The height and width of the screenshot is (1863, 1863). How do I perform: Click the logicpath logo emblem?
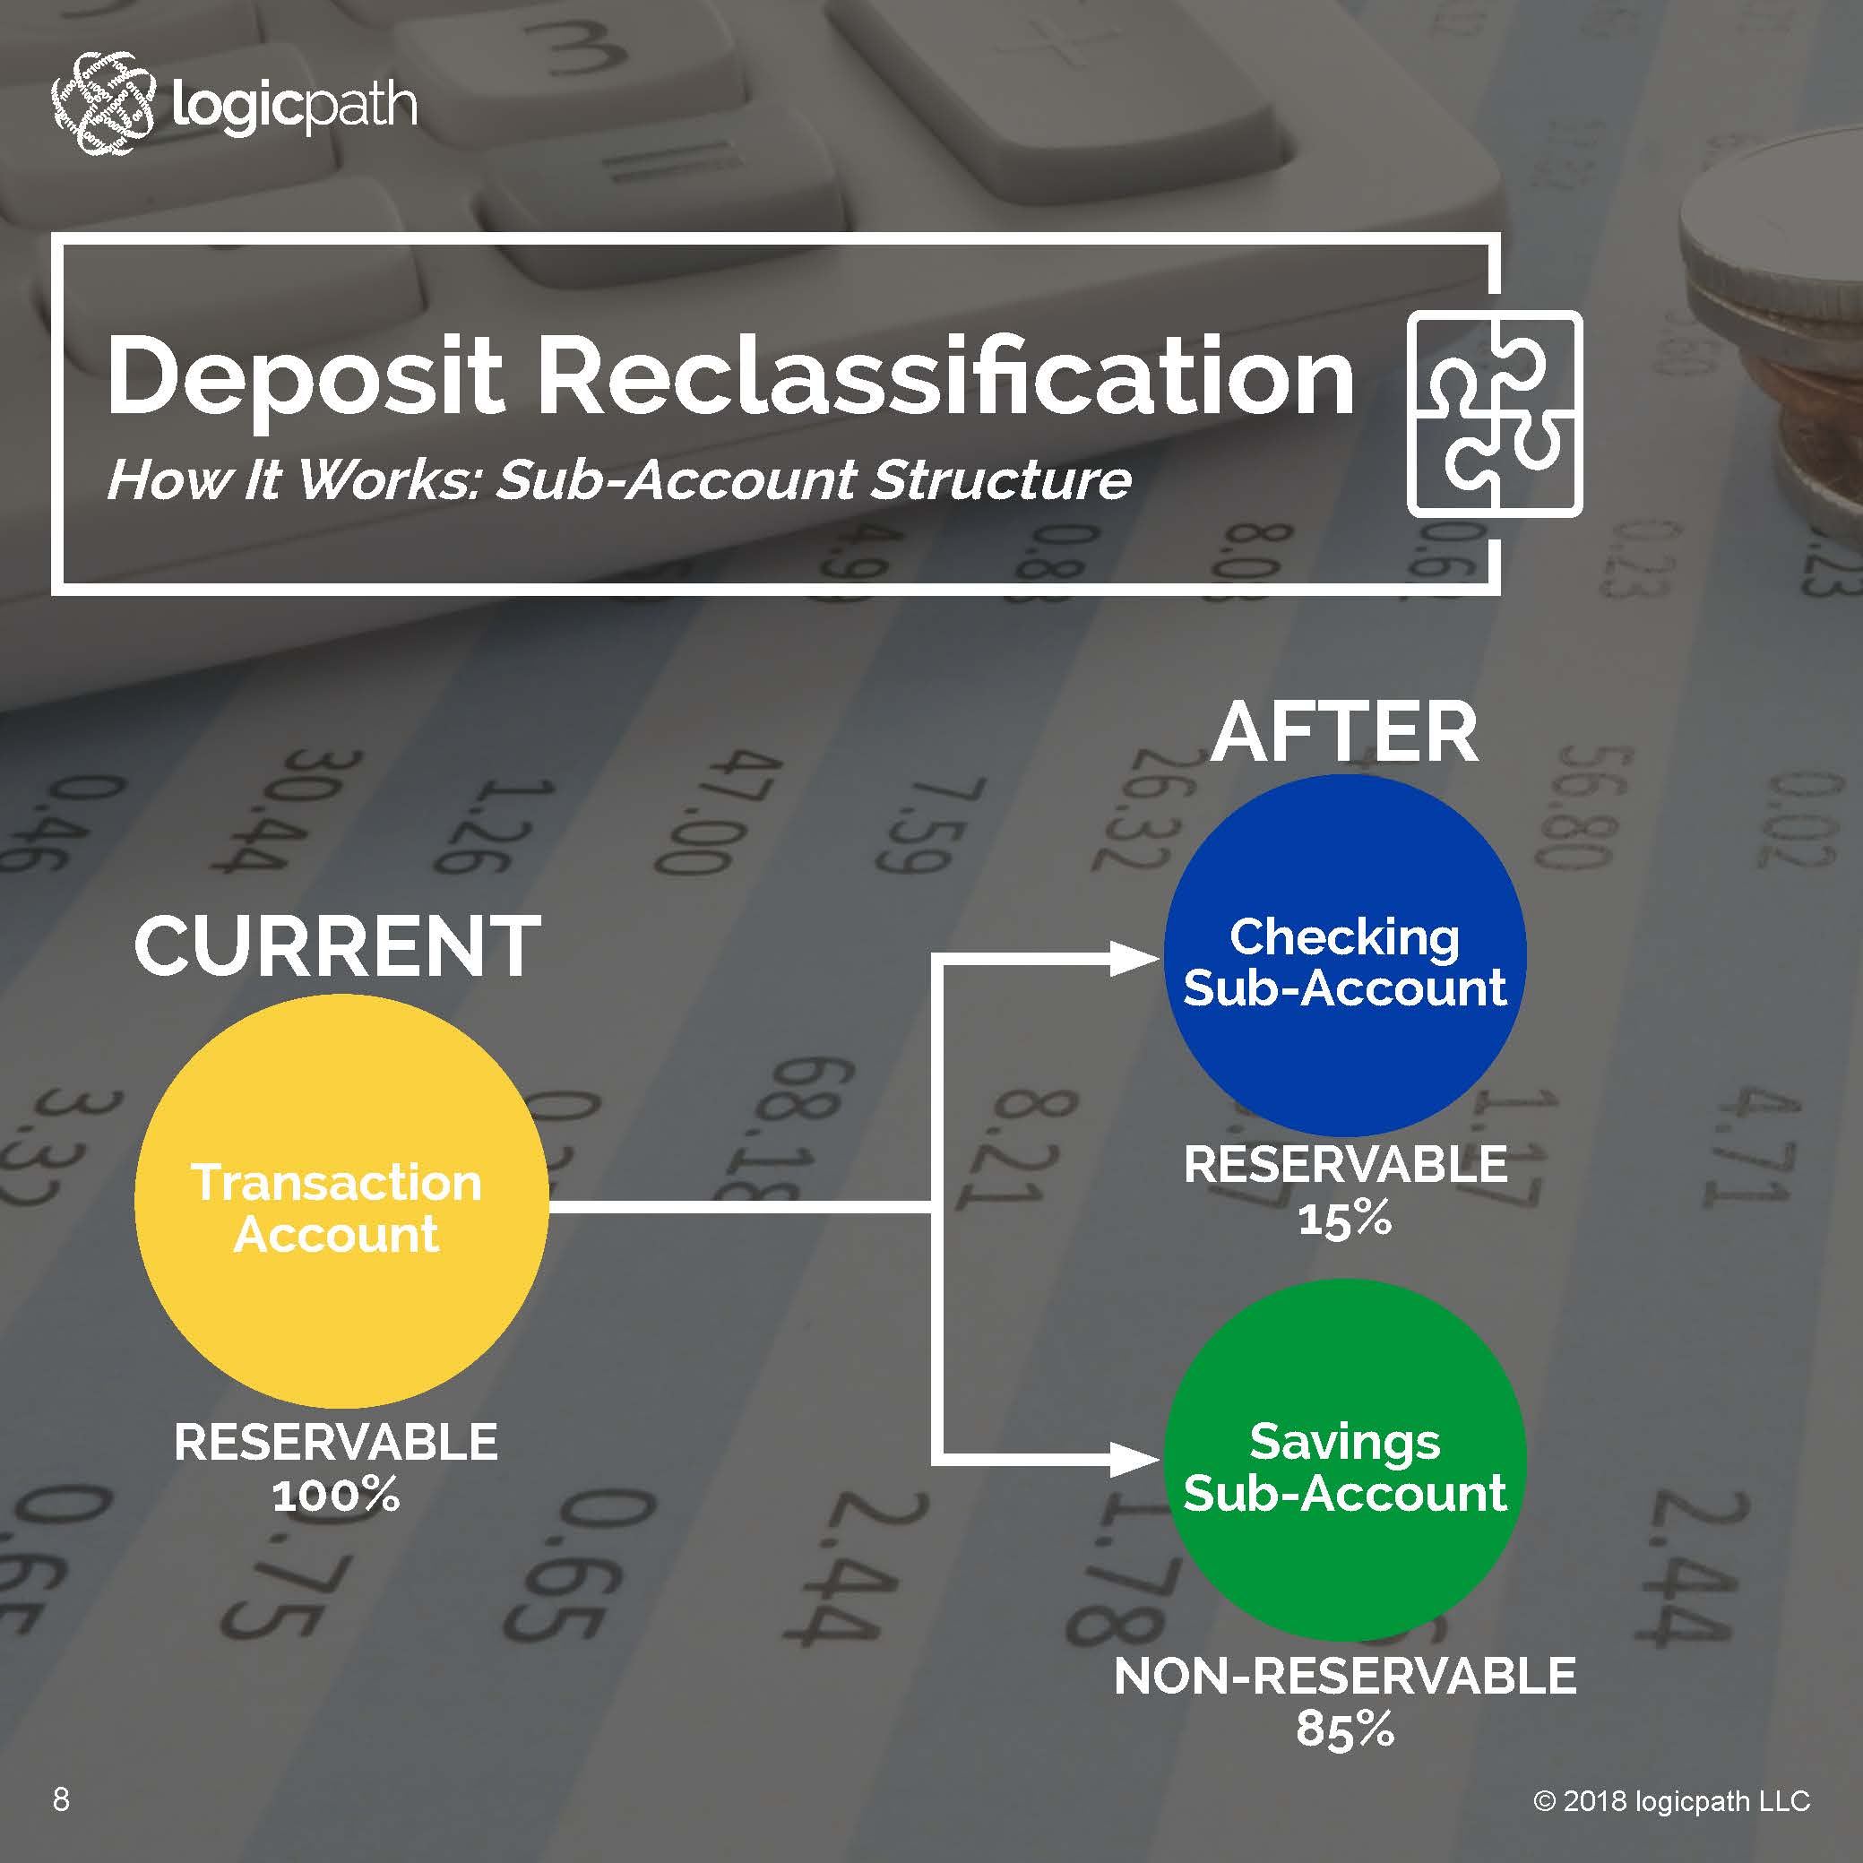(x=102, y=103)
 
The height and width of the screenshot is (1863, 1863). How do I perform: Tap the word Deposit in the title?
(x=305, y=377)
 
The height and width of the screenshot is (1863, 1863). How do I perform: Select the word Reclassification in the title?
(x=945, y=377)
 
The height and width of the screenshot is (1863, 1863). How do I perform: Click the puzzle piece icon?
(x=1494, y=414)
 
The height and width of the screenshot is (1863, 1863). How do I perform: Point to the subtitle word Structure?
(x=1000, y=479)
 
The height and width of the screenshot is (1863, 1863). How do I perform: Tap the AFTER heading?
(x=1344, y=734)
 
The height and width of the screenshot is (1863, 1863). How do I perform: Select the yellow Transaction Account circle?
(x=341, y=1202)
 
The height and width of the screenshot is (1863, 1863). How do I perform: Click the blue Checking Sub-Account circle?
(x=1344, y=955)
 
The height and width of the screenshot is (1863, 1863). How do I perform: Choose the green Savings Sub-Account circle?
(x=1344, y=1460)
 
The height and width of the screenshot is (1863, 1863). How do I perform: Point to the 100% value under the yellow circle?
(x=335, y=1496)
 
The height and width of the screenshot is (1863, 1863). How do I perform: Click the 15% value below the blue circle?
(x=1344, y=1220)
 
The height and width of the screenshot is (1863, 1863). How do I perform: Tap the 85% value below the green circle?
(x=1344, y=1729)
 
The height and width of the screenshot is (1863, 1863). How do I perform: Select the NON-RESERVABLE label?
(x=1344, y=1677)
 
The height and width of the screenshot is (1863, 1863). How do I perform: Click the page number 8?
(x=61, y=1799)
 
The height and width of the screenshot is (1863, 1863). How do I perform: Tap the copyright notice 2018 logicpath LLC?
(x=1672, y=1800)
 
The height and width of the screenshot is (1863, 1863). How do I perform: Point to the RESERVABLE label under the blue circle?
(x=1344, y=1165)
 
